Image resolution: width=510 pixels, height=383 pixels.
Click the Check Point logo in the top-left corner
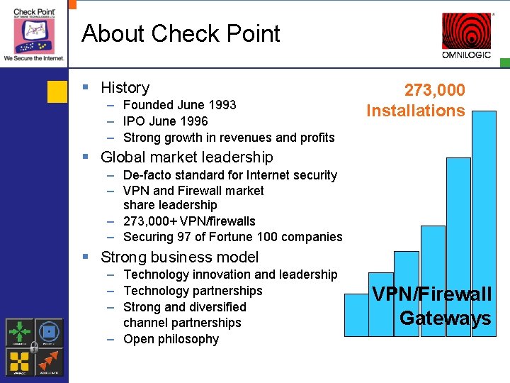click(34, 32)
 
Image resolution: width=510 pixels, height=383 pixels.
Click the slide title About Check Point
click(181, 33)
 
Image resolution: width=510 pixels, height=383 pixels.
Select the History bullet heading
click(125, 87)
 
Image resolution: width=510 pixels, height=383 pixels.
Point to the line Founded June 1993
click(179, 105)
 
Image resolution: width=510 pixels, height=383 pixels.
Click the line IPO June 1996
click(165, 121)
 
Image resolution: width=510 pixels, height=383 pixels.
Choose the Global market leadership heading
click(186, 157)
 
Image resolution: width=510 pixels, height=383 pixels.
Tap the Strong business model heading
click(179, 257)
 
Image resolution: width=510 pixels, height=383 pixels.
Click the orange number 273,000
click(434, 90)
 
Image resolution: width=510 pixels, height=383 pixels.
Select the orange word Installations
click(416, 111)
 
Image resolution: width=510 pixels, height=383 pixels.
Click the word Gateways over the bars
click(445, 318)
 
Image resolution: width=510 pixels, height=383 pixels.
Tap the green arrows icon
click(20, 332)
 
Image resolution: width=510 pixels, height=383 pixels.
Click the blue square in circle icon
click(49, 332)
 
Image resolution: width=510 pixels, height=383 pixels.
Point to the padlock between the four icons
click(35, 347)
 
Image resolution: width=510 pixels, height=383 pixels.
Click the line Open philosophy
click(171, 339)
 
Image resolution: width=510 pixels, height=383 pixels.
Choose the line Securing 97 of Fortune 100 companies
click(232, 237)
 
